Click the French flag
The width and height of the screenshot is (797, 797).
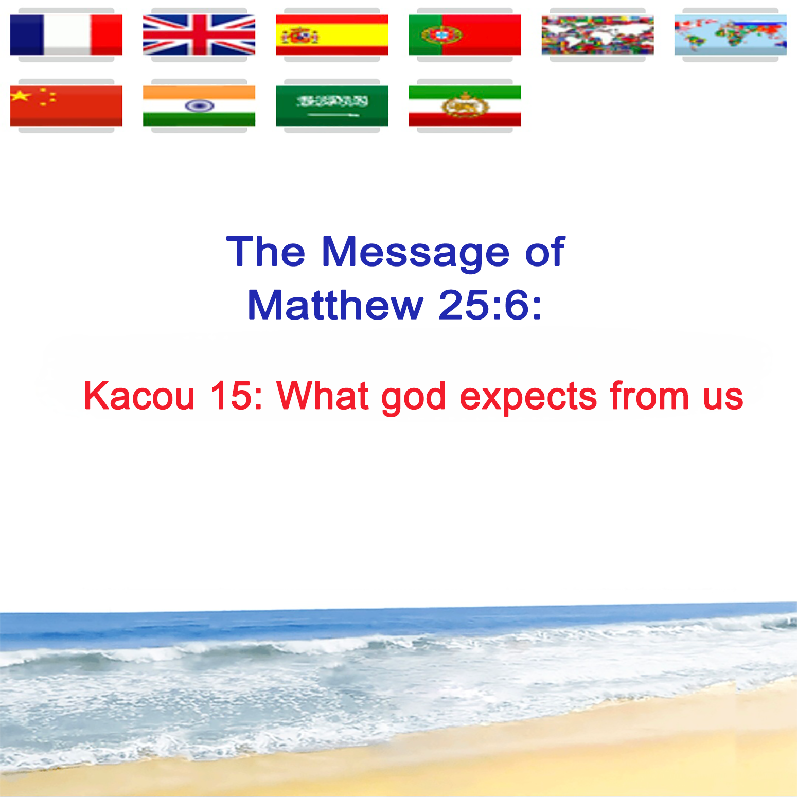pos(66,35)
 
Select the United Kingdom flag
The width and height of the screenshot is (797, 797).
pos(199,35)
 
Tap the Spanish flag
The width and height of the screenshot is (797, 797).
pos(332,35)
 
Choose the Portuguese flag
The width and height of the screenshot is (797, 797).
pos(465,35)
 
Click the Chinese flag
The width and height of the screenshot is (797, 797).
pos(66,106)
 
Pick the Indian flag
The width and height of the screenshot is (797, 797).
pos(199,106)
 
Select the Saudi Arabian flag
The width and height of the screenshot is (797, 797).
pos(332,106)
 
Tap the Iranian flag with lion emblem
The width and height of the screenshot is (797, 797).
pos(465,106)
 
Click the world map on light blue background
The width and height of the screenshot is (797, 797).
pos(731,35)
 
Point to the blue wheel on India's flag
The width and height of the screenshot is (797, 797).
pos(199,106)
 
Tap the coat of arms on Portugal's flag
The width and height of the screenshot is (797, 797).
pos(441,35)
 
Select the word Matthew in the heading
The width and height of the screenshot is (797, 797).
pos(335,305)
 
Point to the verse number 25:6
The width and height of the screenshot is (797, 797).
pos(489,305)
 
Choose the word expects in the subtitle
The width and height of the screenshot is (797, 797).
pos(528,398)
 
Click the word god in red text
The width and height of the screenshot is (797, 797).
pos(413,398)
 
